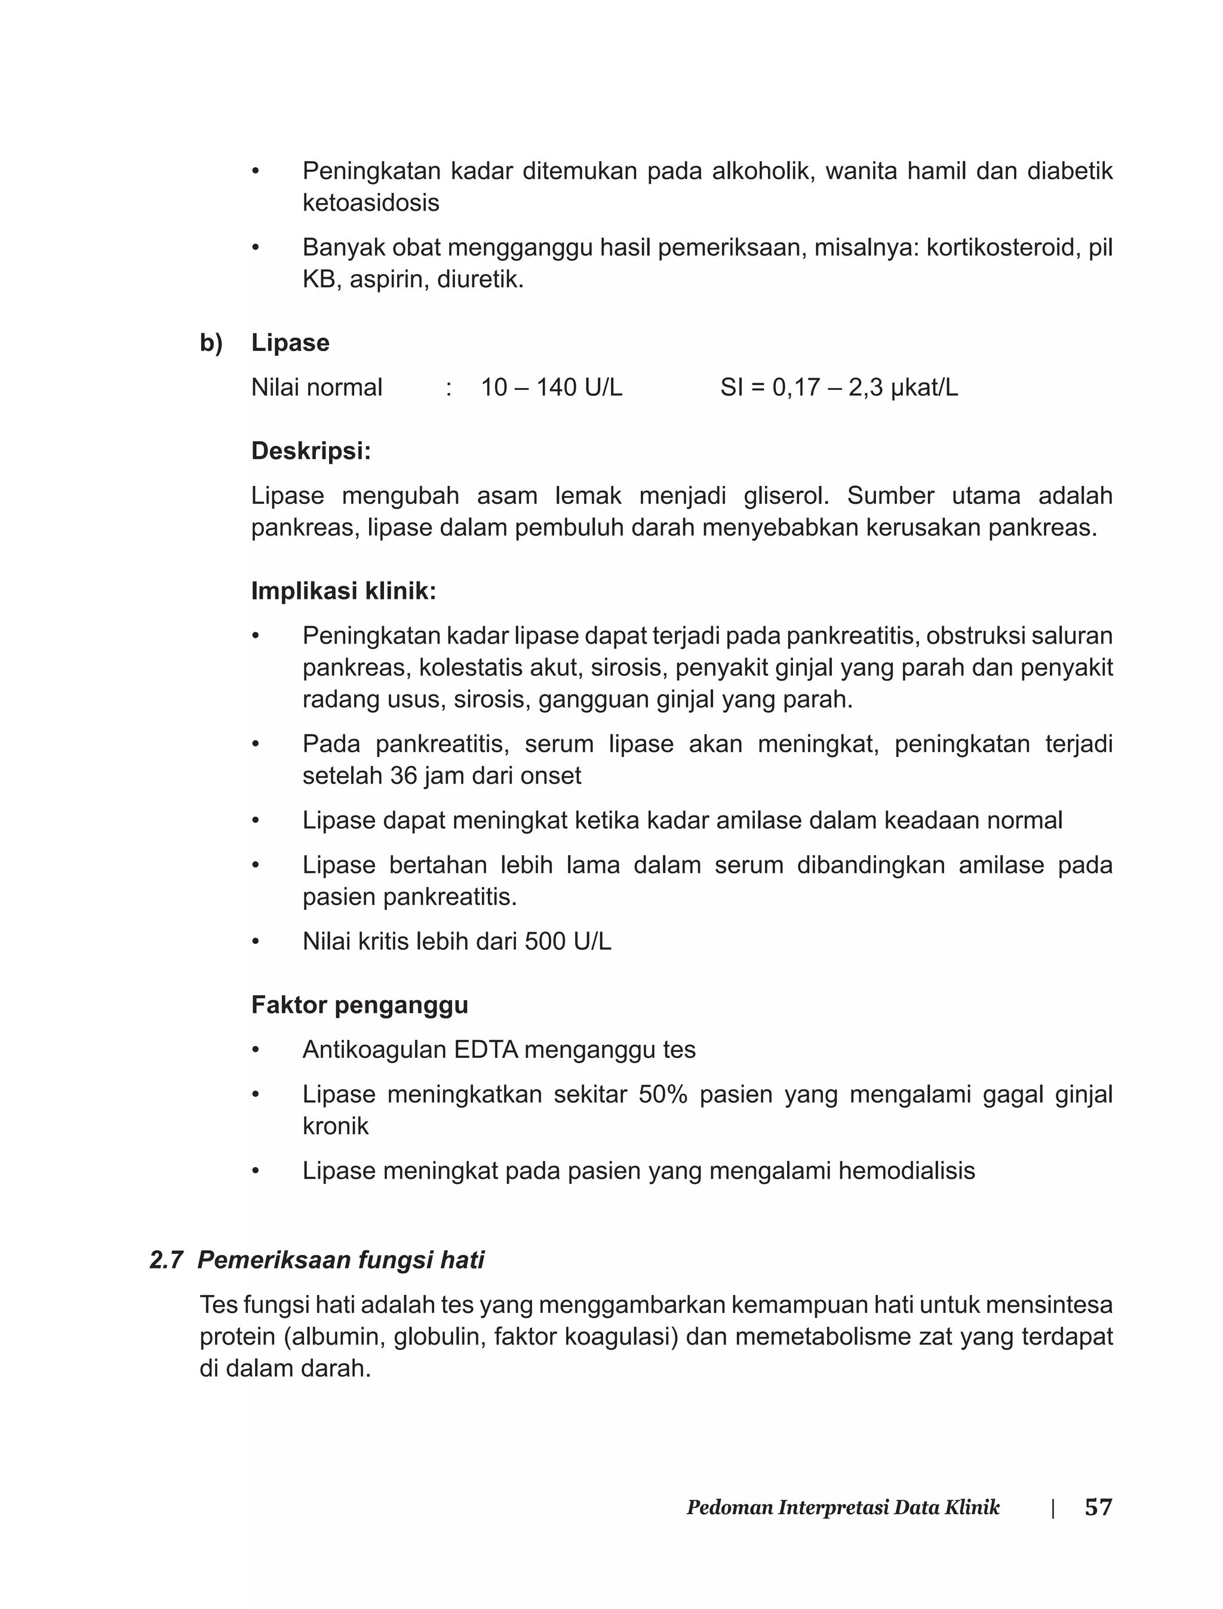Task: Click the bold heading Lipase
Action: pos(290,343)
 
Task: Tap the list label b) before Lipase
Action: pos(211,343)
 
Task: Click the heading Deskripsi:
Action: pos(311,451)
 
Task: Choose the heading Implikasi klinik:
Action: pos(343,591)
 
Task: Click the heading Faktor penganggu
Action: pos(359,1005)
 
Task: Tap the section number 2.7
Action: pos(166,1260)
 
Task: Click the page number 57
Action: pos(1098,1507)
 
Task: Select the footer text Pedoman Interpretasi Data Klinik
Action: pos(843,1508)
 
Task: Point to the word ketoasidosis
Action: pos(370,203)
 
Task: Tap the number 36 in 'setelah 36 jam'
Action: pos(402,776)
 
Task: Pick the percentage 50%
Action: pos(662,1094)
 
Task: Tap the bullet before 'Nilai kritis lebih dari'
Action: pos(256,942)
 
